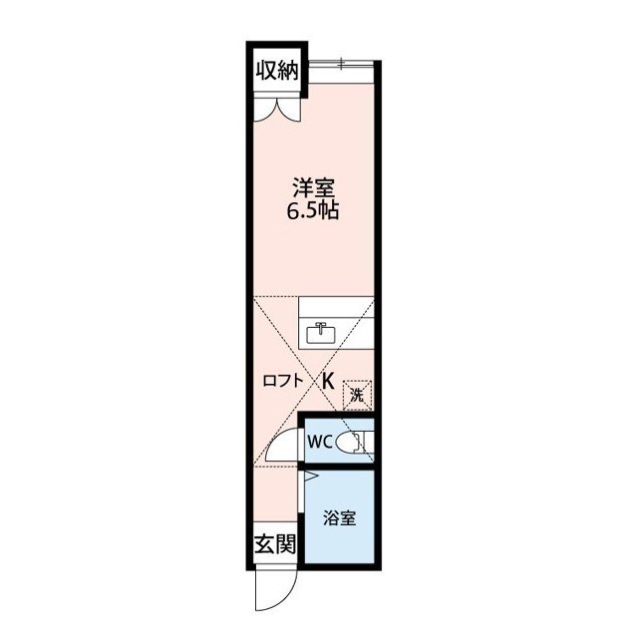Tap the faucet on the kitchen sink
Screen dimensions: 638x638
pos(321,326)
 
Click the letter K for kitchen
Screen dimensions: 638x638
pos(328,379)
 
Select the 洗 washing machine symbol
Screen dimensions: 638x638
pos(358,395)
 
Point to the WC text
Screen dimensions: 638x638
pos(319,442)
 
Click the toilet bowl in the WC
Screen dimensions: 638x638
pos(349,441)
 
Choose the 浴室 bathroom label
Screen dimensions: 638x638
pos(339,518)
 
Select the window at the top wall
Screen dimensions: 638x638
pos(340,64)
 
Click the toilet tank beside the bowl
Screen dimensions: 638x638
pos(366,441)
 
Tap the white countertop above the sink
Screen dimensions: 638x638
pos(336,307)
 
